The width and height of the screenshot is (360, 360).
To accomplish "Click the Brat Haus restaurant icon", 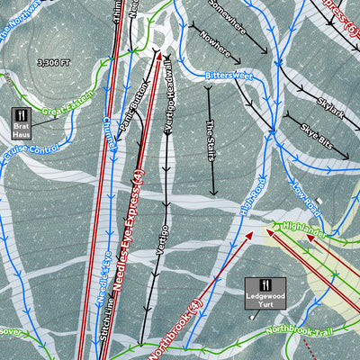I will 22,116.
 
